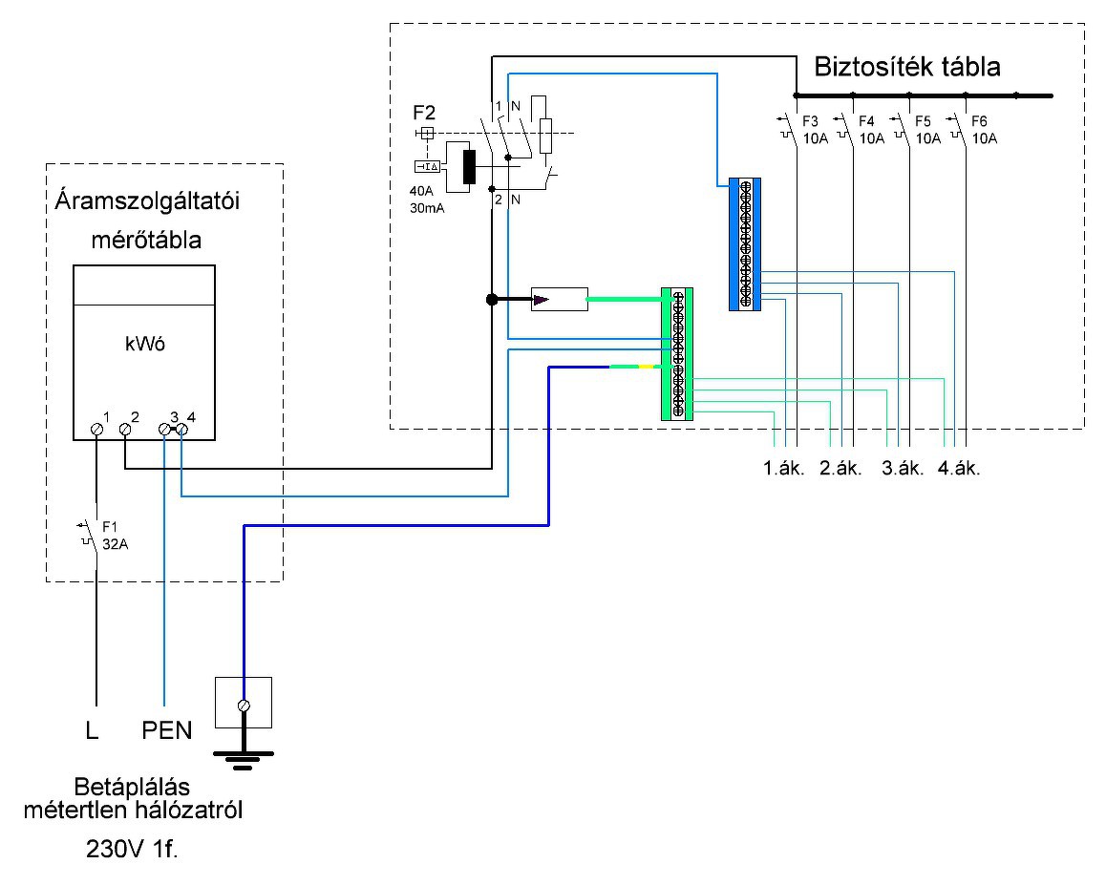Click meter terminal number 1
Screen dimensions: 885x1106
(x=96, y=430)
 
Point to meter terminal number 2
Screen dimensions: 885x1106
(x=125, y=430)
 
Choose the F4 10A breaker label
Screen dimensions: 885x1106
(x=868, y=130)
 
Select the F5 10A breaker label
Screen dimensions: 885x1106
(x=925, y=130)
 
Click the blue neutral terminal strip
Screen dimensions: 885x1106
(x=744, y=244)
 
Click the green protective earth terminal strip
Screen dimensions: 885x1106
(x=676, y=354)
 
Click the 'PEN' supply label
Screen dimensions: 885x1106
(x=167, y=732)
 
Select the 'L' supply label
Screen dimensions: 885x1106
(x=92, y=732)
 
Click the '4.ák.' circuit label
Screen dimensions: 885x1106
(x=960, y=470)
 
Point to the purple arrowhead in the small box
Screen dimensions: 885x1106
(x=542, y=300)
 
